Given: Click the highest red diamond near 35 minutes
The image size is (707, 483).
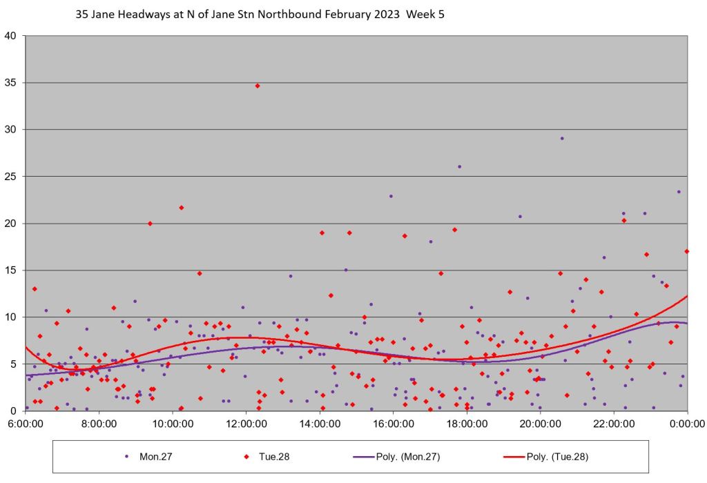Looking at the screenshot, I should point(258,86).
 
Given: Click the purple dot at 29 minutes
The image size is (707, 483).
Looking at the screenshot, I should point(562,138).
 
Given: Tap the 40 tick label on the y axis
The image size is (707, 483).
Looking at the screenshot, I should point(14,36).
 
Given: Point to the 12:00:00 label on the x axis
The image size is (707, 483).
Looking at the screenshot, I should point(246,424).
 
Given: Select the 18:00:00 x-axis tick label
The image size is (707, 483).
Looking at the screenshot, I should point(467,424).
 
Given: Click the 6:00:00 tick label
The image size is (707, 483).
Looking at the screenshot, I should point(26,424).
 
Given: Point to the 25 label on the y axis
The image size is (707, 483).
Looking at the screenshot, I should point(14,177).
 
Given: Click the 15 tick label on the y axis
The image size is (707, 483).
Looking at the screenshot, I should point(14,270).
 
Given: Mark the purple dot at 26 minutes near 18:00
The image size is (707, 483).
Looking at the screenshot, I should point(459,166).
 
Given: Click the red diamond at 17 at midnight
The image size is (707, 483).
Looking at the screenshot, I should point(687,251).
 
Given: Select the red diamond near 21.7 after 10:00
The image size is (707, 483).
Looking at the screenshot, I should point(182,207).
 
